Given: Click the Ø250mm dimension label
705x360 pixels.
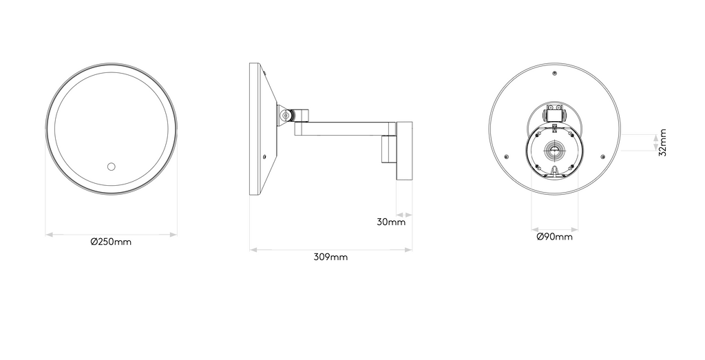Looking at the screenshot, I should point(111,242).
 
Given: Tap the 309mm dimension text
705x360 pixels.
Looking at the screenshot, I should point(330,257).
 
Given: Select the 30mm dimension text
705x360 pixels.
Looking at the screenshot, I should point(390,222).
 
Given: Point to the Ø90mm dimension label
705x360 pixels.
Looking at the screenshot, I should point(554,237).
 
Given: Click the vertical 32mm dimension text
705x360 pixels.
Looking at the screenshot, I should point(662,142).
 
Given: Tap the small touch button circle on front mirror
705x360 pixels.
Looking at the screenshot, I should point(110,166).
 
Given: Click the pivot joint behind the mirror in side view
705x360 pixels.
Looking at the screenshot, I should point(284,116).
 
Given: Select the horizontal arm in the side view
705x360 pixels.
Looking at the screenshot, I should point(344,128).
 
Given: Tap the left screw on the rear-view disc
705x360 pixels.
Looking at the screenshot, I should point(507,156).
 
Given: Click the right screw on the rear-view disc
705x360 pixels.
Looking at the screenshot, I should point(602,156).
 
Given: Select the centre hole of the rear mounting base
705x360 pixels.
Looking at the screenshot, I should point(554,149).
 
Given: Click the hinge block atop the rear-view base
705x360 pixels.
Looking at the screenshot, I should point(554,112).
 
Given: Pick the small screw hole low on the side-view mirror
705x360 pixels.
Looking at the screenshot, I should point(264,157).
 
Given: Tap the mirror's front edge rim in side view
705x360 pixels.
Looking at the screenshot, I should point(253,129).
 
